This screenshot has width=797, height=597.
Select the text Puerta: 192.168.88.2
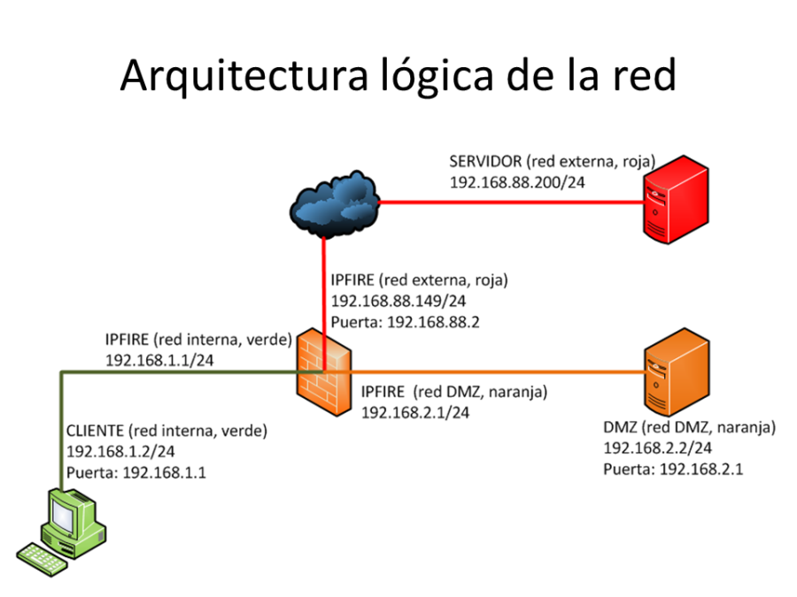(405, 322)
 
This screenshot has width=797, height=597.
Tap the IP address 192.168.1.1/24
(159, 360)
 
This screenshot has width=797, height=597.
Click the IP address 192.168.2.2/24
(657, 448)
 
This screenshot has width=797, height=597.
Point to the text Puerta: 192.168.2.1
(673, 469)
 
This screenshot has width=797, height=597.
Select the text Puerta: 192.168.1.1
(136, 472)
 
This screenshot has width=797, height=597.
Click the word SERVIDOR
(484, 162)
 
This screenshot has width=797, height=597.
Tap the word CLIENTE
(95, 431)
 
